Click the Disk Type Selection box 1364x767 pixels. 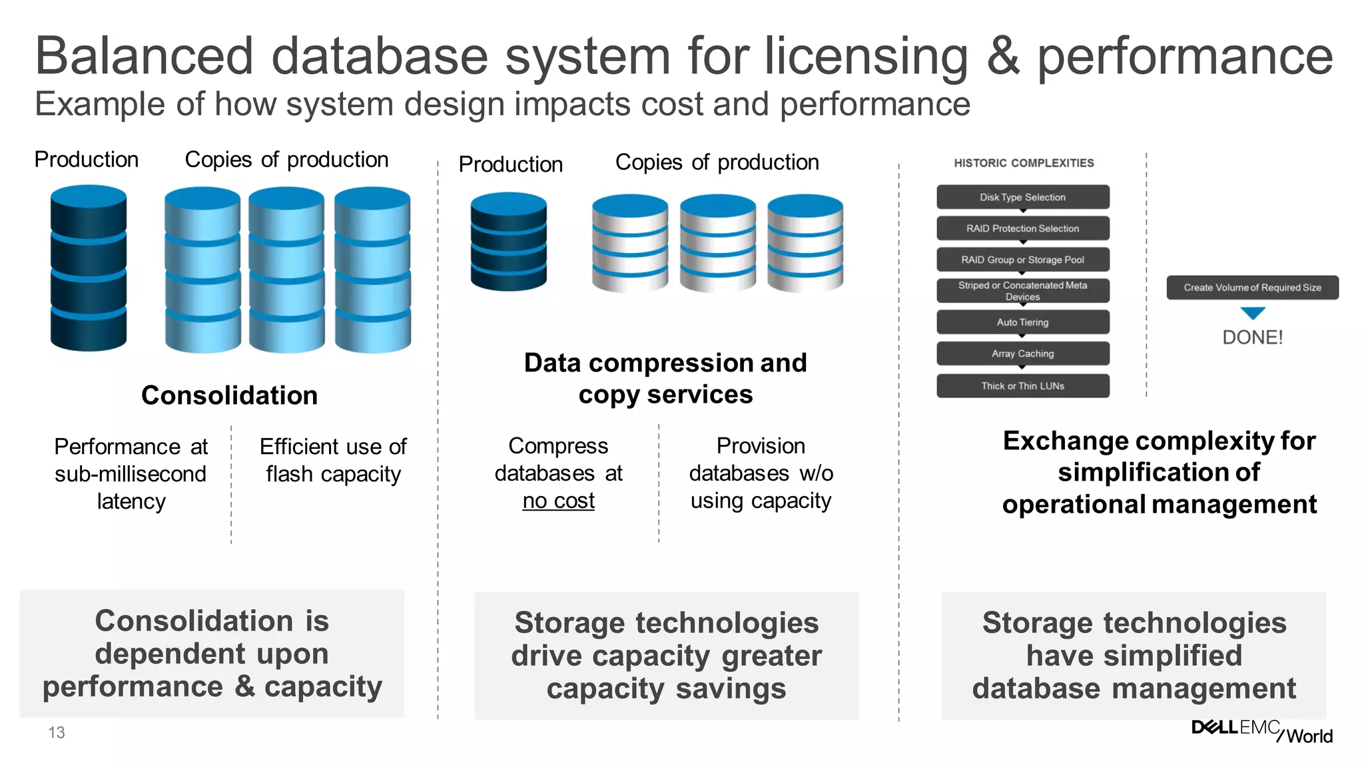1022,197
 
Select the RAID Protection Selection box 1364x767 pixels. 1022,228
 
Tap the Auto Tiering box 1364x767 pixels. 1022,322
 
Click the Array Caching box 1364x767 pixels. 1022,354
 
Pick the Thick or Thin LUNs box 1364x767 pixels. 1022,386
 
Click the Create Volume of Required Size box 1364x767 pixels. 1252,288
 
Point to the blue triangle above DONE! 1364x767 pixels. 1253,313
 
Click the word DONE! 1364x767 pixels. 1252,338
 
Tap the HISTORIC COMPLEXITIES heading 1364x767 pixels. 1024,163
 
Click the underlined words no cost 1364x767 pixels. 558,501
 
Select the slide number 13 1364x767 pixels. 57,732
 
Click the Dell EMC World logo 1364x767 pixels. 1261,731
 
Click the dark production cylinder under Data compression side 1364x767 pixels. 508,241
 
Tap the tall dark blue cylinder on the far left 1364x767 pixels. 89,268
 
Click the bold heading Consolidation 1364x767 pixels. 229,395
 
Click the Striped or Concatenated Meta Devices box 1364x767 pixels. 1022,291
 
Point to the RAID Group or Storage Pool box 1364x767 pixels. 1022,260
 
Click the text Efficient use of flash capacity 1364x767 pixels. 333,460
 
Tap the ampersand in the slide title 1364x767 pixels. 1003,57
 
